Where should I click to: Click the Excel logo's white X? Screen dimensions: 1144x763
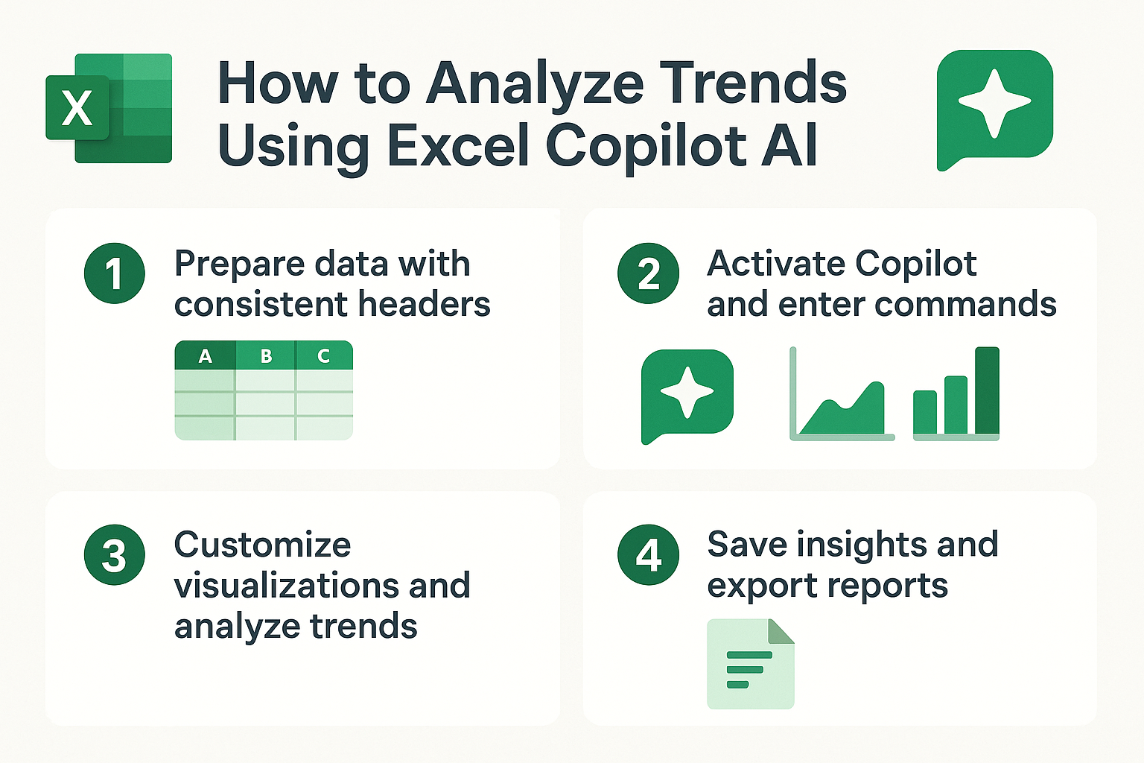click(77, 108)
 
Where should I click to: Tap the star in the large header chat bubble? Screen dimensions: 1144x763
click(994, 104)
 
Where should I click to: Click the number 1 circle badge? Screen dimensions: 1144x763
click(115, 273)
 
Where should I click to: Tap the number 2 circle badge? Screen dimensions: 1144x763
click(648, 273)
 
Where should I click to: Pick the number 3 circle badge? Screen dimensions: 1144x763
click(115, 554)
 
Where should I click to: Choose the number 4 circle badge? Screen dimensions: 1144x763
click(648, 554)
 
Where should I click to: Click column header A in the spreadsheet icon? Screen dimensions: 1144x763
click(206, 355)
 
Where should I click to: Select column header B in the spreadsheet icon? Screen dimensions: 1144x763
click(266, 355)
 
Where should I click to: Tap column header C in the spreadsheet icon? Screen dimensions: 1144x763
click(323, 355)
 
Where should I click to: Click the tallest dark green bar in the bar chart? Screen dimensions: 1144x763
click(987, 390)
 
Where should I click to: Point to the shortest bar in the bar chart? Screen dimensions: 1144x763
click(925, 412)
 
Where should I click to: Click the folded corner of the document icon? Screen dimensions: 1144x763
click(780, 632)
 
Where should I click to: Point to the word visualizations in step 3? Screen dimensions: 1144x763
click(287, 585)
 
